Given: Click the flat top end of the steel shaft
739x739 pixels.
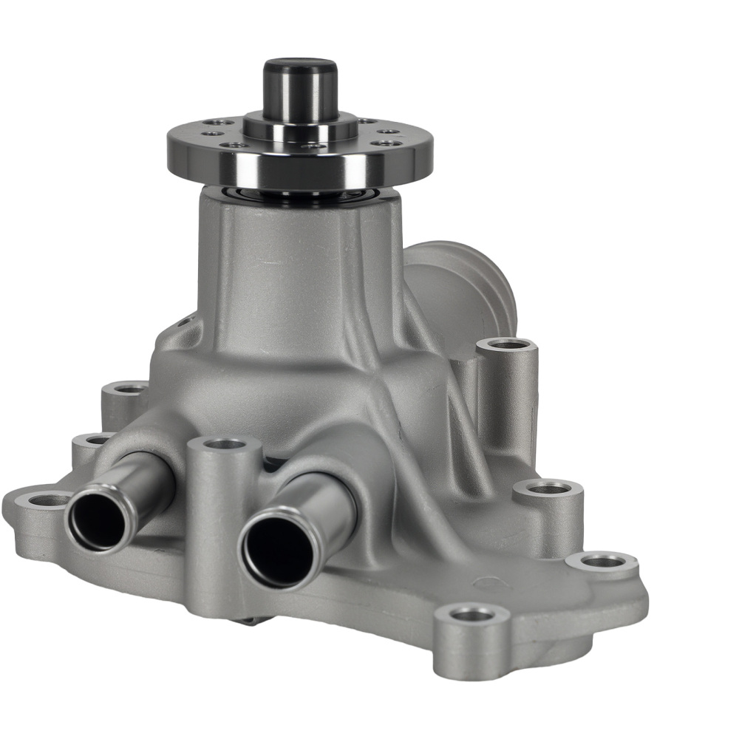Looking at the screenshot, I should click(x=300, y=65).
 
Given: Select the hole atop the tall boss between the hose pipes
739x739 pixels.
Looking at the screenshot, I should click(x=224, y=444).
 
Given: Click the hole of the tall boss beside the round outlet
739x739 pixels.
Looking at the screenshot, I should click(x=506, y=344).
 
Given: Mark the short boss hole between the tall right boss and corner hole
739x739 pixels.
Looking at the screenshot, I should click(x=548, y=488).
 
